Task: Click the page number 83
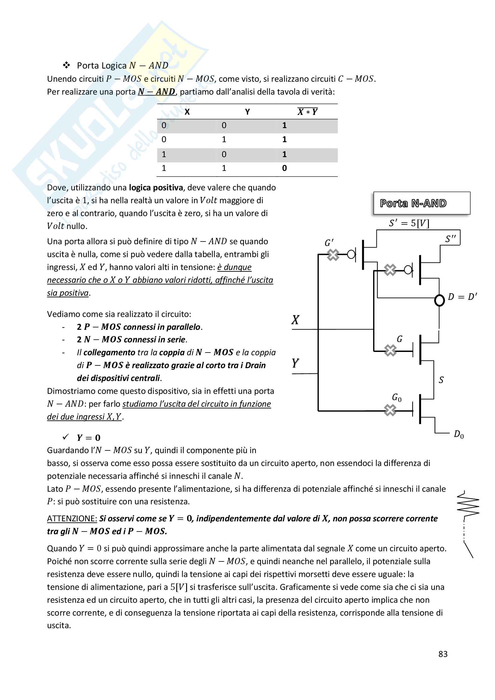tap(443, 654)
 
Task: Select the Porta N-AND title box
tap(422, 203)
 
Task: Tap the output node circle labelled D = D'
tap(439, 300)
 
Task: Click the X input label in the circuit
tap(295, 320)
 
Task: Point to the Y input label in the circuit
tap(295, 363)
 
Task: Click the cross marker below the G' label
tap(333, 255)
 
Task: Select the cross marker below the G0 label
tap(390, 410)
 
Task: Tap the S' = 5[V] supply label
tap(409, 223)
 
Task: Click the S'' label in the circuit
tap(450, 239)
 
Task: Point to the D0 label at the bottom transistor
tap(459, 434)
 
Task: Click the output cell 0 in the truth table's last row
tap(284, 168)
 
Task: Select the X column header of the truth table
tap(187, 112)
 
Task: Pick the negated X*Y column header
tap(308, 112)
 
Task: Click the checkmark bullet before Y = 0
tap(66, 437)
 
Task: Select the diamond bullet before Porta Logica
tap(66, 65)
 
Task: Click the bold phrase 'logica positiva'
tap(156, 188)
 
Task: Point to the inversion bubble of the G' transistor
tap(351, 254)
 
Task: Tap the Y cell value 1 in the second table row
tap(224, 140)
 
